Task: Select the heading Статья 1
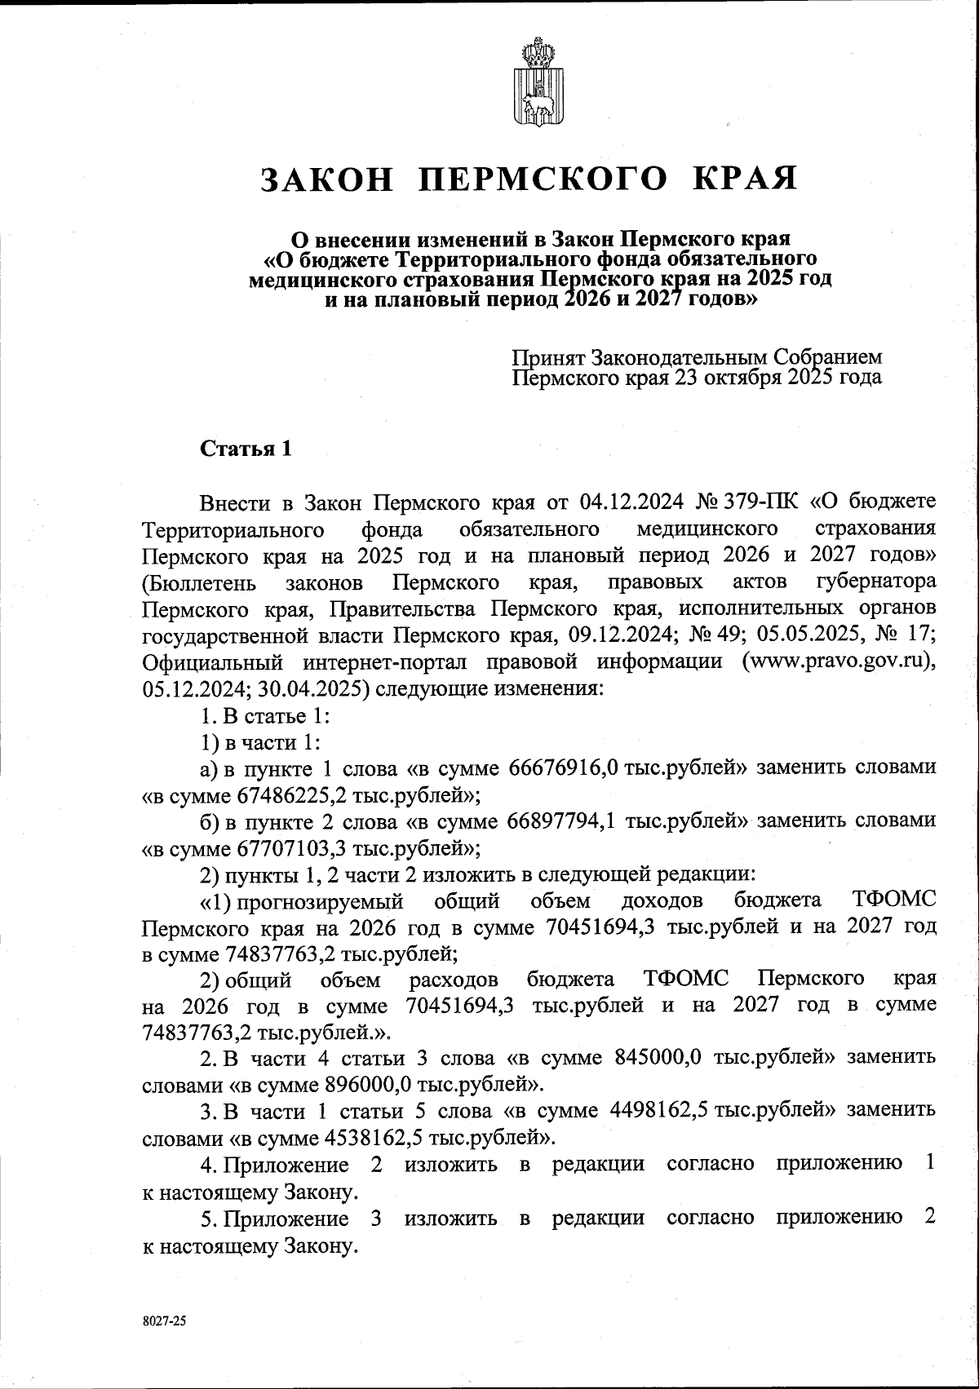pyautogui.click(x=245, y=449)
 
